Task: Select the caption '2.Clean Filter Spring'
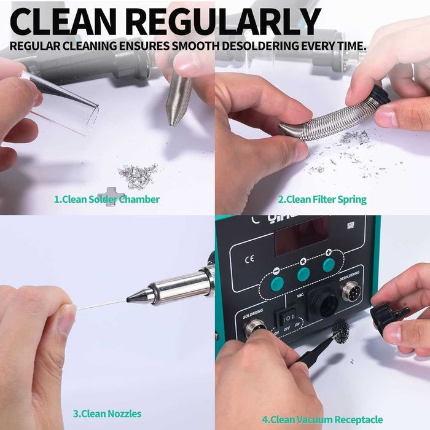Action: (322, 199)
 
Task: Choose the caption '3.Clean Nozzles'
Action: (107, 413)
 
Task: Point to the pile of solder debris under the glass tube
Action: (138, 175)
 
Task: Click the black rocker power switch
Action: (284, 318)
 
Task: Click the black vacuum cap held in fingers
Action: (387, 314)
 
